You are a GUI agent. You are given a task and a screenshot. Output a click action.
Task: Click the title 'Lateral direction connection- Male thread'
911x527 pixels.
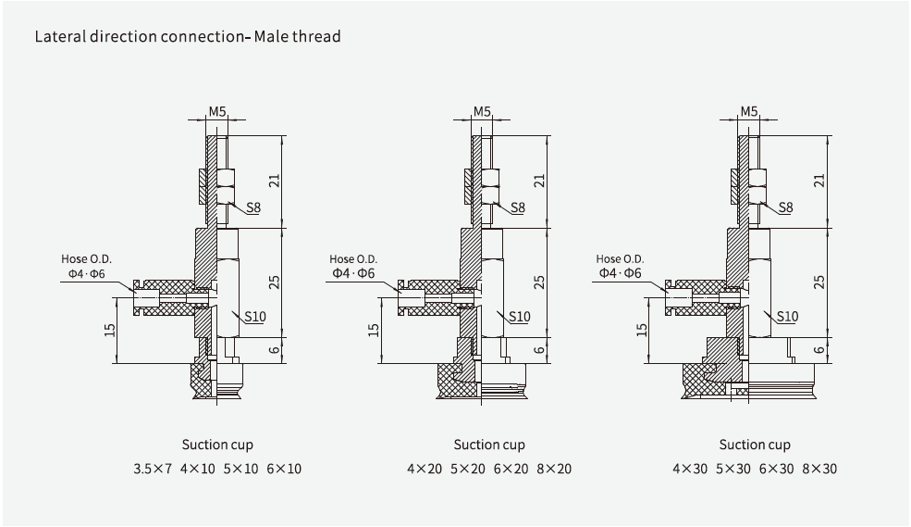click(x=188, y=37)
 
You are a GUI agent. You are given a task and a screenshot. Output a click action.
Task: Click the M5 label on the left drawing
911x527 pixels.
click(x=217, y=111)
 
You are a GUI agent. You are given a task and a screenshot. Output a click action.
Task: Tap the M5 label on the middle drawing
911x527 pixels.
click(x=483, y=111)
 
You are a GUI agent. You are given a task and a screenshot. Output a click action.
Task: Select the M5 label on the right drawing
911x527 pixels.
click(x=748, y=111)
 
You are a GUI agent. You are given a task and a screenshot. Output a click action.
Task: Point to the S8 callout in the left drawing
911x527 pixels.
click(x=252, y=208)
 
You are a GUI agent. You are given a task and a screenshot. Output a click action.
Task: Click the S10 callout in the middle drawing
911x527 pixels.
click(x=520, y=317)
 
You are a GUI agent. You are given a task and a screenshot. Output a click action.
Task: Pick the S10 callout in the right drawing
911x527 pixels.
click(x=786, y=317)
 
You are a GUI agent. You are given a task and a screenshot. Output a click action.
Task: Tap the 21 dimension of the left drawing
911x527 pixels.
click(x=273, y=182)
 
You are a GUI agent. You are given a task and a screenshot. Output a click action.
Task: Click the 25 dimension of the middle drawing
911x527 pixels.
click(x=540, y=282)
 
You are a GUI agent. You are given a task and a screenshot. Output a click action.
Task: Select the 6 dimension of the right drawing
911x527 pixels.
click(x=819, y=349)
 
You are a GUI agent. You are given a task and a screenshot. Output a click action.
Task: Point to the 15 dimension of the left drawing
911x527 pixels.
click(x=111, y=329)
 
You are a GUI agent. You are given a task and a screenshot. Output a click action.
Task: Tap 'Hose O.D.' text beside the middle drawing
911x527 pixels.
click(x=353, y=259)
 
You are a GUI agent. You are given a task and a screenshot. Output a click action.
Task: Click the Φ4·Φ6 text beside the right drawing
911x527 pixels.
click(x=620, y=273)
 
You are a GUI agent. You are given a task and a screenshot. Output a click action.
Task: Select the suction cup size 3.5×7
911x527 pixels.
click(x=153, y=469)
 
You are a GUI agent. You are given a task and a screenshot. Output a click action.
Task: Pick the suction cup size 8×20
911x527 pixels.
click(x=554, y=469)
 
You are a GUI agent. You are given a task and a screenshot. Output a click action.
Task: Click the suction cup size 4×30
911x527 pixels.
click(x=690, y=469)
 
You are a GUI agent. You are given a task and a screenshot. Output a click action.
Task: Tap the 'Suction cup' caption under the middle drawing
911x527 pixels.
click(x=489, y=445)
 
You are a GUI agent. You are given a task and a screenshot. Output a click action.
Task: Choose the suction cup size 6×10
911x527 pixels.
click(x=284, y=469)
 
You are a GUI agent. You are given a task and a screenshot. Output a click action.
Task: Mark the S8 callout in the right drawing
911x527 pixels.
click(x=785, y=208)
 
